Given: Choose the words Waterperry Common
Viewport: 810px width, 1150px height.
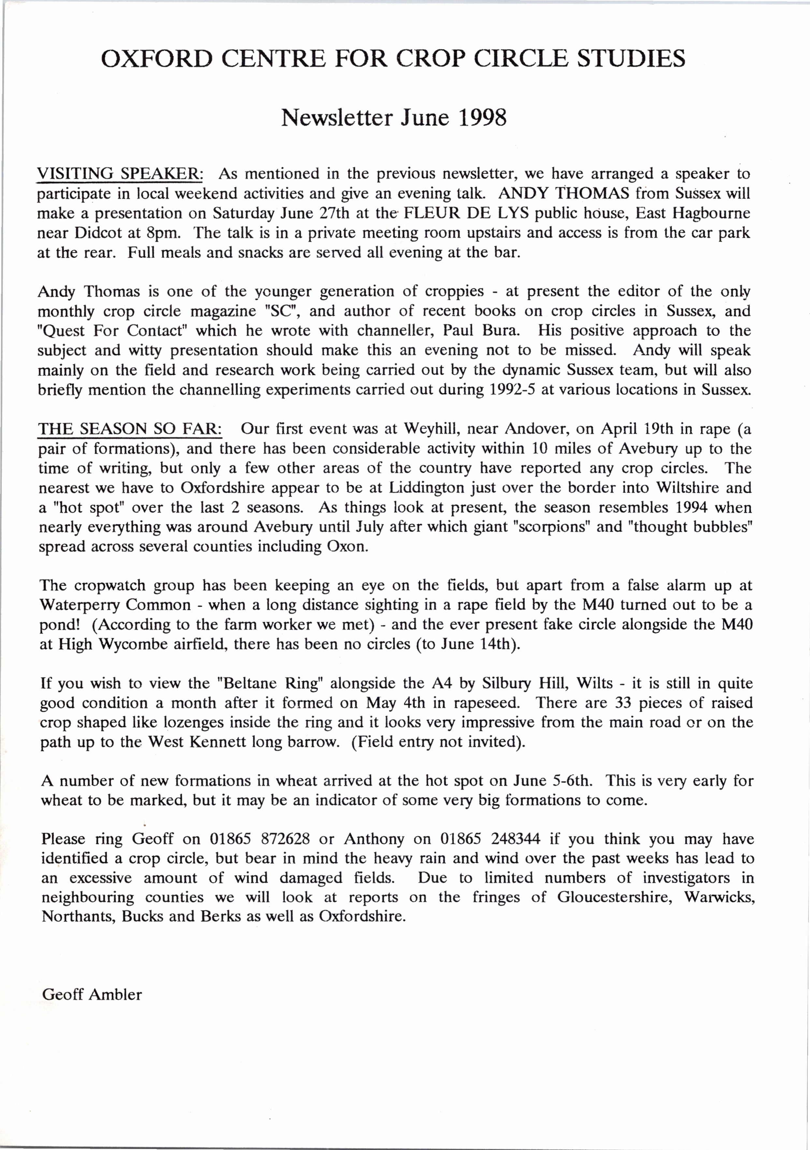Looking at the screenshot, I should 115,605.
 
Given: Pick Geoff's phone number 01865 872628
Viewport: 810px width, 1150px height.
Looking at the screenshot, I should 259,839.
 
